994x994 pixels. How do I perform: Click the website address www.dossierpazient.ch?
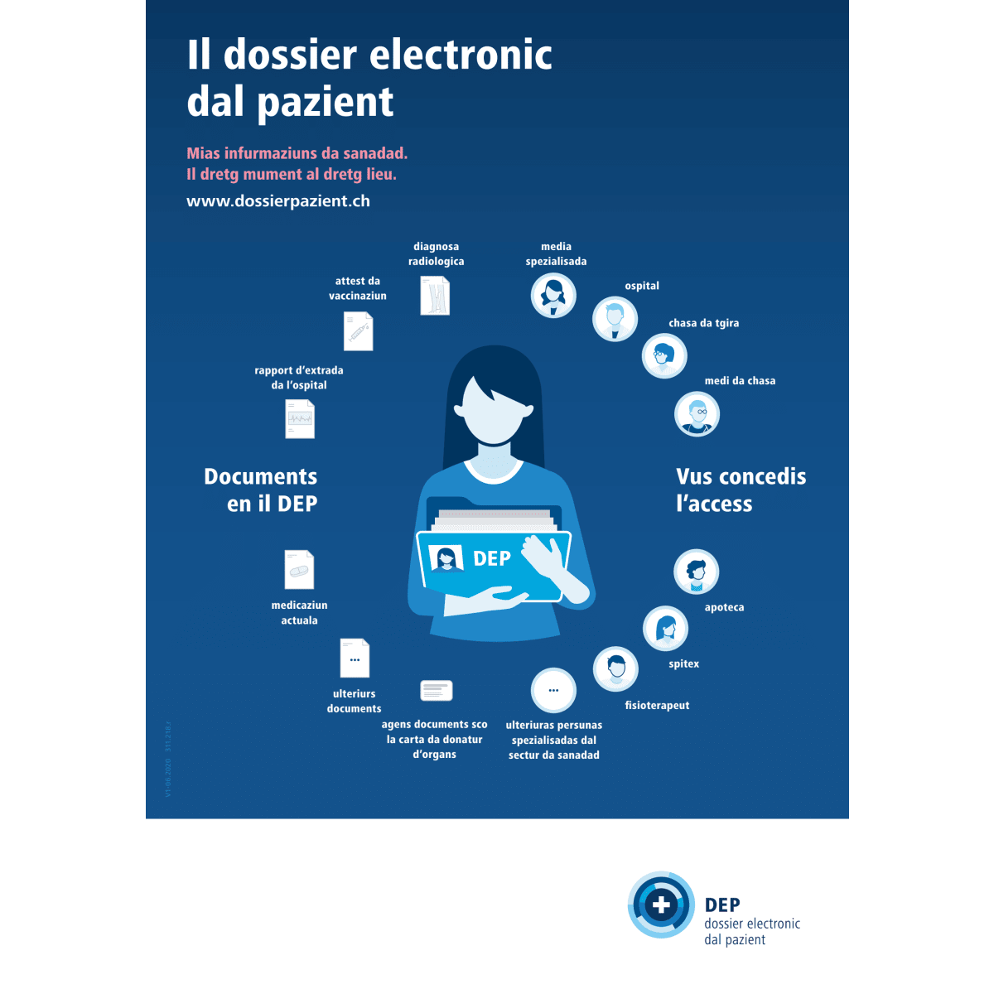tap(278, 201)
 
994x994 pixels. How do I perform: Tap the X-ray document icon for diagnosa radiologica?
tap(435, 296)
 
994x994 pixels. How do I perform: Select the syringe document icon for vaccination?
tap(359, 331)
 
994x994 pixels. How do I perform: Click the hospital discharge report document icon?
tap(300, 419)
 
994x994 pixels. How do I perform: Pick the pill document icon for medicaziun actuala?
tap(299, 570)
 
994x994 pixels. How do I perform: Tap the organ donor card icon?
tap(437, 690)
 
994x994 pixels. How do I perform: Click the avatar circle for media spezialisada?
tap(553, 295)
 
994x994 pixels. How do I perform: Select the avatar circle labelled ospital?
tap(615, 318)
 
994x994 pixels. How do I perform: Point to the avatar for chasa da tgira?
tap(664, 355)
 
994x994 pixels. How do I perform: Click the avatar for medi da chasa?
tap(697, 413)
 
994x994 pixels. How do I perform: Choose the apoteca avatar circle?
tap(696, 572)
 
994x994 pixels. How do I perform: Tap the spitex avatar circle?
tap(665, 628)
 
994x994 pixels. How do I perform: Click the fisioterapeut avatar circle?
tap(615, 668)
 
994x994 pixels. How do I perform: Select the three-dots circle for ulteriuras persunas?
tap(553, 690)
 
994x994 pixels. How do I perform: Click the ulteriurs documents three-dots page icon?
tap(355, 659)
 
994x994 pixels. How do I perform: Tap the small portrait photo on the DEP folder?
tap(446, 558)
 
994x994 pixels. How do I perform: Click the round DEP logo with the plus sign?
tap(661, 905)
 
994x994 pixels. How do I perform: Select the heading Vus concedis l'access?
tap(741, 490)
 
